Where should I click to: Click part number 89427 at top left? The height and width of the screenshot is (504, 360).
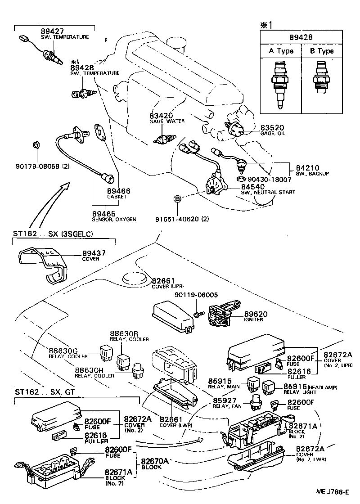(x=51, y=31)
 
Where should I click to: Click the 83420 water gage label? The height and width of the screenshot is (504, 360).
(x=161, y=116)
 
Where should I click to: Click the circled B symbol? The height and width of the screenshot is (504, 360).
(x=178, y=198)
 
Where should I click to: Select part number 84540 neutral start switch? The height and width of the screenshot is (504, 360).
(x=252, y=186)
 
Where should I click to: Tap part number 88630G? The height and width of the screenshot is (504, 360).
(x=63, y=351)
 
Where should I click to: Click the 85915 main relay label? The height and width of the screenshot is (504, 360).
(x=220, y=381)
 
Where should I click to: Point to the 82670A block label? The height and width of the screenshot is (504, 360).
(x=155, y=461)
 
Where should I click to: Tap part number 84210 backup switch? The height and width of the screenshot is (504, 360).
(x=306, y=166)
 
